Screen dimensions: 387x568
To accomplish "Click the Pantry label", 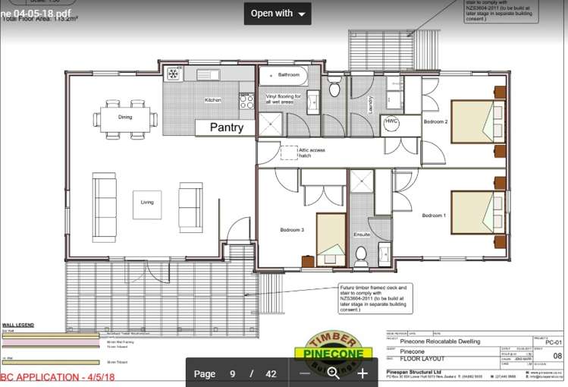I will pyautogui.click(x=227, y=127).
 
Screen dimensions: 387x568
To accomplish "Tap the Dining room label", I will pyautogui.click(x=125, y=117).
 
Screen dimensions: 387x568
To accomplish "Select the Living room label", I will pyautogui.click(x=147, y=202).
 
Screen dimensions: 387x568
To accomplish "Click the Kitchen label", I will pyautogui.click(x=213, y=100).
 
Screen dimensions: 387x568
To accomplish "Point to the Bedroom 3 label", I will pyautogui.click(x=292, y=229).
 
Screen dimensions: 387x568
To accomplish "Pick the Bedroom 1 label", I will pyautogui.click(x=433, y=216).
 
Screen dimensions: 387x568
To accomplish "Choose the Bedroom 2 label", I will pyautogui.click(x=435, y=122).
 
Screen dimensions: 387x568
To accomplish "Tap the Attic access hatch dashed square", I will pyautogui.click(x=289, y=152).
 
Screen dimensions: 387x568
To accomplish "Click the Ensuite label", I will pyautogui.click(x=362, y=235).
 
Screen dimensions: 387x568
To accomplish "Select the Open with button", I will pyautogui.click(x=278, y=13).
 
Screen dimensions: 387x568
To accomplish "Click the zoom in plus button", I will pyautogui.click(x=362, y=373).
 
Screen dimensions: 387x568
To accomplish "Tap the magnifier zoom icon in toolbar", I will pyautogui.click(x=333, y=373).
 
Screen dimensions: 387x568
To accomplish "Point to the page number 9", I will pyautogui.click(x=232, y=373).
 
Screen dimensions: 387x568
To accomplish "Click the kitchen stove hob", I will pyautogui.click(x=246, y=100).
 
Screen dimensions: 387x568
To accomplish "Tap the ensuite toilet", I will pyautogui.click(x=361, y=254).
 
